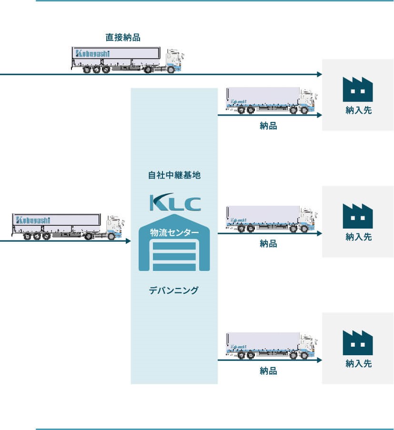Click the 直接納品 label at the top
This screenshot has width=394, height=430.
(x=123, y=37)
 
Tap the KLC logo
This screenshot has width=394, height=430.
(x=175, y=202)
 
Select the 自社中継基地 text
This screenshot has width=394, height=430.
(x=174, y=175)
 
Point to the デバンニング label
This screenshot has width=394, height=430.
(x=174, y=290)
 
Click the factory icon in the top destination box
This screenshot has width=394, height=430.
(x=358, y=89)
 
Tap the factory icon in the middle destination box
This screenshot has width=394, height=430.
(x=358, y=216)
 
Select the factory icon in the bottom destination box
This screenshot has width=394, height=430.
(x=358, y=342)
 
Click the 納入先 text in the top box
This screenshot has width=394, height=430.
(x=358, y=111)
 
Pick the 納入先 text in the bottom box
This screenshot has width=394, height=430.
(x=358, y=364)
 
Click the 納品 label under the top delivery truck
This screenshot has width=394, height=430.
(x=268, y=126)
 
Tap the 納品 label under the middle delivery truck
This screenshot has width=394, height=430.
(x=268, y=244)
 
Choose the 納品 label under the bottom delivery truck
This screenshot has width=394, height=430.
(x=268, y=370)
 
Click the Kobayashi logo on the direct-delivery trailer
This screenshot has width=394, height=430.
(x=91, y=53)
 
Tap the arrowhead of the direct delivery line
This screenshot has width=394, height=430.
(x=319, y=74)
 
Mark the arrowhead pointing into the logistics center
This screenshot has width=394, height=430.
(x=128, y=241)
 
